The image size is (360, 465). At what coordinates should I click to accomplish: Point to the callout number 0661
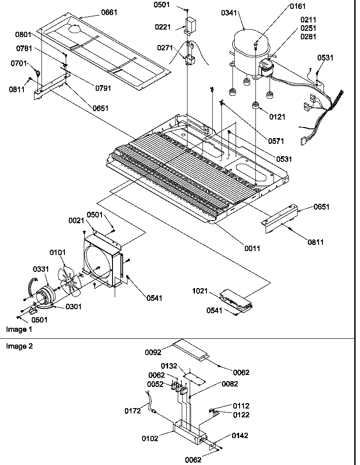(x=109, y=12)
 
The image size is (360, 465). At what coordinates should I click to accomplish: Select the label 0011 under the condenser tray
(x=252, y=248)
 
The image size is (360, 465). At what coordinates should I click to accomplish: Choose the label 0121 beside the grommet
(x=277, y=117)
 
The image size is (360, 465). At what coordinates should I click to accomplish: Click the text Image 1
(x=19, y=329)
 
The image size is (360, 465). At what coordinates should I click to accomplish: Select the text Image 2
(x=19, y=346)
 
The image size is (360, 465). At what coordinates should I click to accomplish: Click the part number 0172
(x=132, y=411)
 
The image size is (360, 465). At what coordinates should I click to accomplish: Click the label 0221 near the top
(x=162, y=27)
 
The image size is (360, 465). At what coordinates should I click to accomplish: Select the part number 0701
(x=19, y=64)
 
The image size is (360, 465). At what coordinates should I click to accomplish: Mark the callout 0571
(x=275, y=141)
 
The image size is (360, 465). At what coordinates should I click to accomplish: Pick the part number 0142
(x=240, y=435)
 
